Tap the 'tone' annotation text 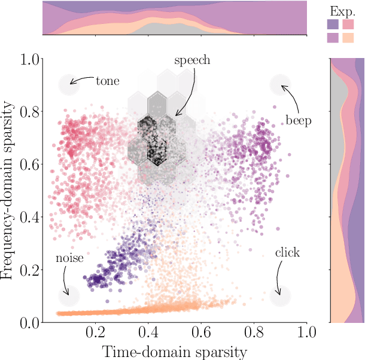[108, 80]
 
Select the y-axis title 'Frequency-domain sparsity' [9, 190]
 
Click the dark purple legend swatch [332, 25]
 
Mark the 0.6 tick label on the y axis [28, 165]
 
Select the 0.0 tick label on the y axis [28, 323]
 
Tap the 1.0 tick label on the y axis [28, 60]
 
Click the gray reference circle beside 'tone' [69, 86]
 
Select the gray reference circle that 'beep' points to [280, 86]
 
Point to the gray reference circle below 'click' [280, 296]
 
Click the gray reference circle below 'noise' [69, 296]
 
